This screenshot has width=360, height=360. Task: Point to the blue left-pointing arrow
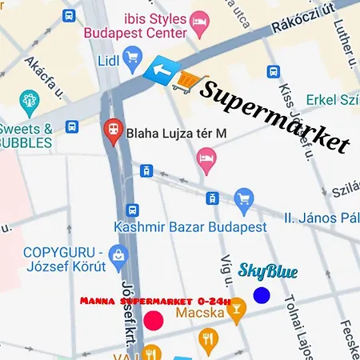[x=161, y=71]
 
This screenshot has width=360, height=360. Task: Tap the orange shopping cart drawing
[x=186, y=80]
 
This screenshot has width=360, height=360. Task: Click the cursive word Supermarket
[x=274, y=115]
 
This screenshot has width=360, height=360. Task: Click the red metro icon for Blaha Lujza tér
[x=113, y=127]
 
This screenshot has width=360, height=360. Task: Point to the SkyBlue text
[x=268, y=272]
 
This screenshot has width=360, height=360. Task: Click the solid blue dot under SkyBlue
[x=262, y=295]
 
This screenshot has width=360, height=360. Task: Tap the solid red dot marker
[x=154, y=320]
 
